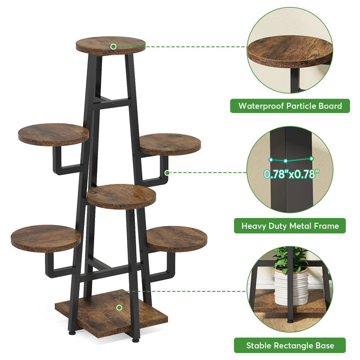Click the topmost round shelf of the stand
click(x=110, y=46)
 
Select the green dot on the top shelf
click(x=113, y=47)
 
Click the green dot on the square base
click(x=119, y=306)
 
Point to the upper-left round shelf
click(x=53, y=134)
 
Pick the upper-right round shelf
click(x=170, y=144)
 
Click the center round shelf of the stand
click(x=122, y=196)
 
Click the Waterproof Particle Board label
click(x=290, y=106)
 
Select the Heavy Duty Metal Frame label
click(x=290, y=226)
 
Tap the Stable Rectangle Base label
click(x=290, y=345)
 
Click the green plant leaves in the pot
click(x=291, y=259)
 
